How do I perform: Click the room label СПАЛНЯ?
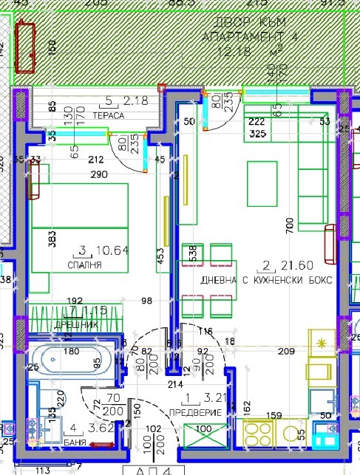[84, 264]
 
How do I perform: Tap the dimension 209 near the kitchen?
[285, 352]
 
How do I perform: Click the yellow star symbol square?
[322, 343]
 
